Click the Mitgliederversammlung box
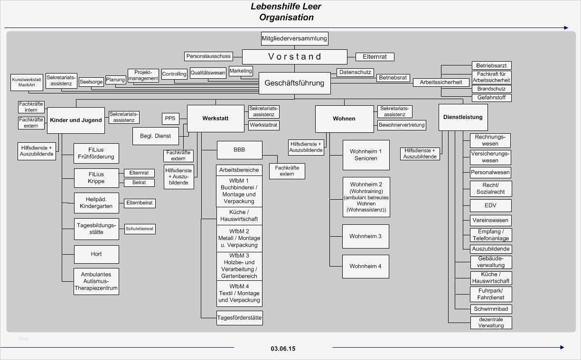click(x=294, y=38)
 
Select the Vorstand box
click(x=294, y=57)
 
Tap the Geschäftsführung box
click(x=294, y=83)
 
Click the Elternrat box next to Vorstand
click(x=375, y=57)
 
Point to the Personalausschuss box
click(x=208, y=56)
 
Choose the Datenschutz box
click(x=355, y=73)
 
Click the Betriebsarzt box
click(x=491, y=65)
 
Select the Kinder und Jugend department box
click(x=76, y=120)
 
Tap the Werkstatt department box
click(x=216, y=118)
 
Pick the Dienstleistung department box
click(x=463, y=117)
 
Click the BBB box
click(x=239, y=149)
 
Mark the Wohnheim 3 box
click(x=365, y=236)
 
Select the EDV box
click(x=490, y=205)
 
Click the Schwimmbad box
click(x=491, y=309)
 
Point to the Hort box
click(x=96, y=254)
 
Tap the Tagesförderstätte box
click(x=239, y=318)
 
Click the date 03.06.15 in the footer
click(x=283, y=349)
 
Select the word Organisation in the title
click(x=286, y=18)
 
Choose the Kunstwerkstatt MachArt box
click(x=27, y=82)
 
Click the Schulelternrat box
click(x=140, y=229)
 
